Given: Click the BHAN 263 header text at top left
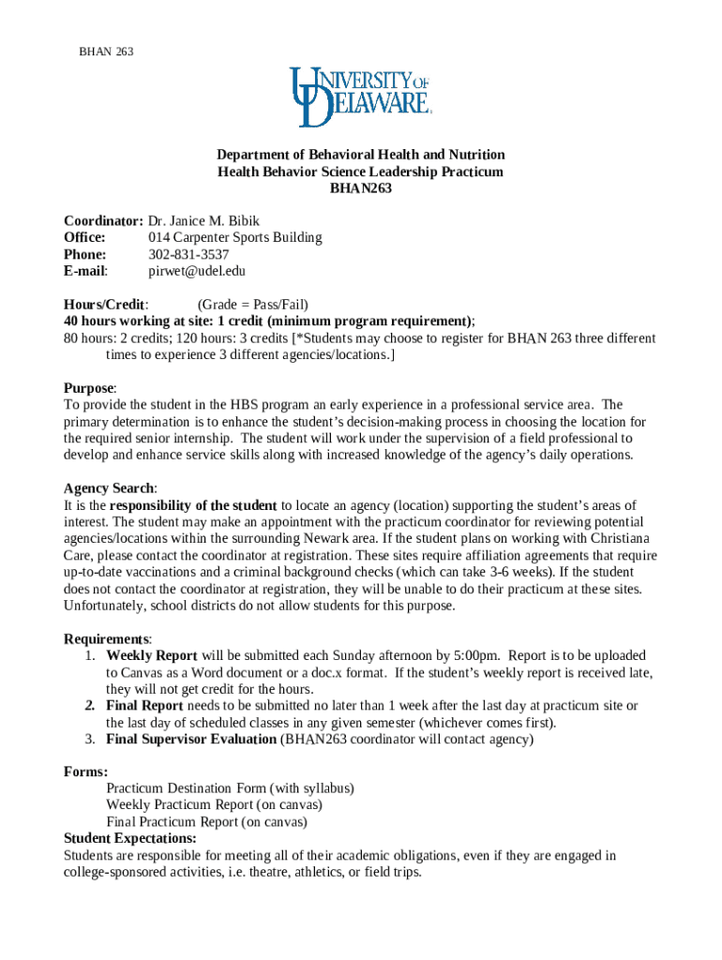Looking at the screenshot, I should [106, 52].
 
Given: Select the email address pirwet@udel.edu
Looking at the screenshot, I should [197, 271].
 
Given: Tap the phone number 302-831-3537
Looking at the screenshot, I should [188, 254].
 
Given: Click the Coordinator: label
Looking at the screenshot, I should [103, 220].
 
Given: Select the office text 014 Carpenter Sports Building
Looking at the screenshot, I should [235, 237].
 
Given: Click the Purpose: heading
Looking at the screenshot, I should [90, 388].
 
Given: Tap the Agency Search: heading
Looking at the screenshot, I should [110, 488].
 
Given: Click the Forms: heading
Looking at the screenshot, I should [85, 772].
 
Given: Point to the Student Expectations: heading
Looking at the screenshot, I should [129, 838].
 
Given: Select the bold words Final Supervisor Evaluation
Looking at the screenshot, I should [191, 740].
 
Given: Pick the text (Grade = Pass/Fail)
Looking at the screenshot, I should [252, 305].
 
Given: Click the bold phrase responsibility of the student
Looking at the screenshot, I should [193, 505].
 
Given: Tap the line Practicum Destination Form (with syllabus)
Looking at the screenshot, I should [230, 788].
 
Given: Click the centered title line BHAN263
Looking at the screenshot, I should [360, 188].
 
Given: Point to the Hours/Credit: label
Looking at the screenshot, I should [106, 305].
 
